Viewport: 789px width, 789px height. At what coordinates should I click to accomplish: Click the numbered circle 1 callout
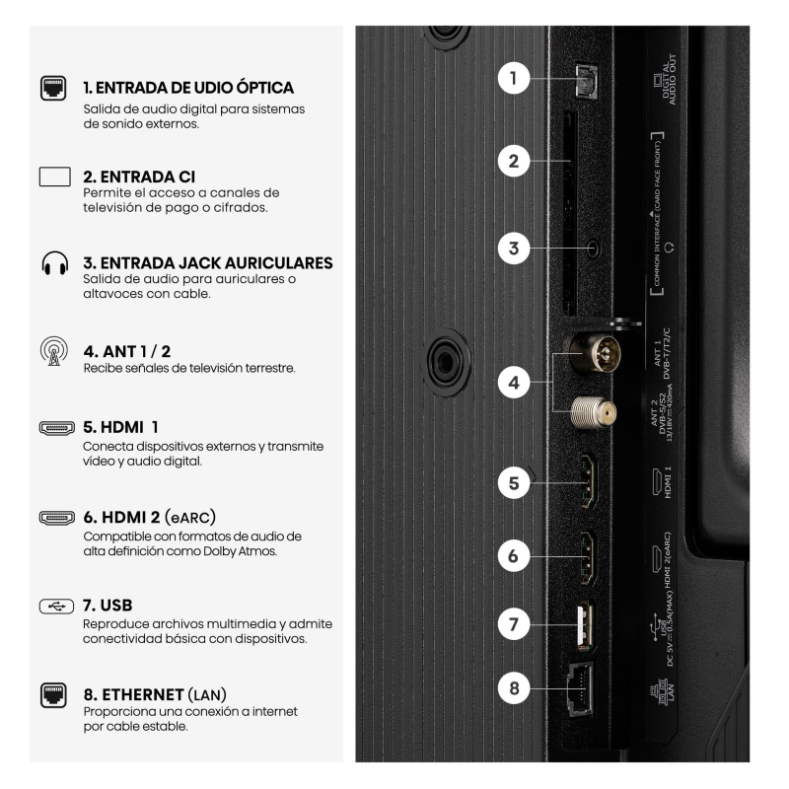513,78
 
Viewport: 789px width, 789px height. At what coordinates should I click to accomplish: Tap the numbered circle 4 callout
513,383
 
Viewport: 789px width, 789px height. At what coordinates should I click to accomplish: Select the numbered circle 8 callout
513,687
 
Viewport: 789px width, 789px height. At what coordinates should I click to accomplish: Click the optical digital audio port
587,80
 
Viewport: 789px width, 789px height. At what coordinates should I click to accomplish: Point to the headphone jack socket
594,249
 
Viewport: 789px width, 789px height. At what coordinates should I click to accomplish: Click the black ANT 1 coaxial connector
596,353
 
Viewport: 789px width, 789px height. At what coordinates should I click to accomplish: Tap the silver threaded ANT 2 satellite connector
594,412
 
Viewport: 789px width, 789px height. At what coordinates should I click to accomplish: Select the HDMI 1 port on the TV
588,481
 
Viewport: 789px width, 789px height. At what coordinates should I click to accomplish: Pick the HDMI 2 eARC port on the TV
588,557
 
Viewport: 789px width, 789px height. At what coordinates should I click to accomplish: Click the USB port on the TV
585,626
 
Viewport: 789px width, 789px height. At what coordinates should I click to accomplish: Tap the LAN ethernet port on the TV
581,688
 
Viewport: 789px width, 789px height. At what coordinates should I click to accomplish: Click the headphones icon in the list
55,263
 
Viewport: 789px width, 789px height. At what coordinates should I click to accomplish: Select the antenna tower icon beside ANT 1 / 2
54,351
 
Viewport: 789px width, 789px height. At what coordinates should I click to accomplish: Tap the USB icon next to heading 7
56,607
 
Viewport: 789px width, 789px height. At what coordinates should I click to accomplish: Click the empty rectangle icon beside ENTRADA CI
55,177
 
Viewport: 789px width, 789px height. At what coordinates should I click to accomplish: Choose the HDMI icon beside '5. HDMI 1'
57,428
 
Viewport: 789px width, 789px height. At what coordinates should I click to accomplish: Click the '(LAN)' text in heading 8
207,695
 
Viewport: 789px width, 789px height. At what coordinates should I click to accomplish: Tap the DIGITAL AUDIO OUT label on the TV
665,80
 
